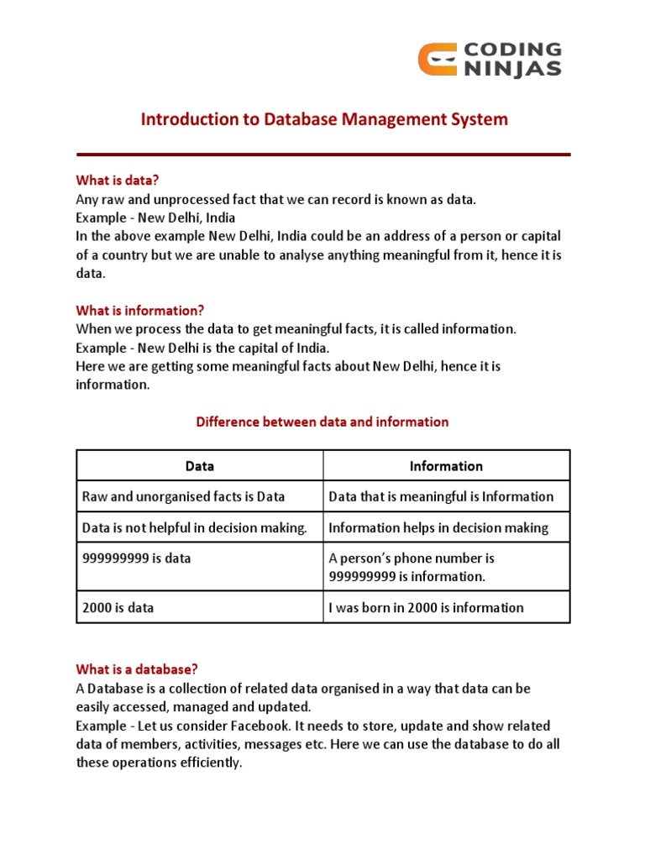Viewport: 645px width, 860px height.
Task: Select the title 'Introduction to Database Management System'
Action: [x=324, y=119]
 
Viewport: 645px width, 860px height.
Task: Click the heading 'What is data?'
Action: [x=117, y=180]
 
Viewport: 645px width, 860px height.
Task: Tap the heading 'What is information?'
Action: [x=140, y=311]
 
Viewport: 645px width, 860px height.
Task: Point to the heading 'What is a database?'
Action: [x=137, y=669]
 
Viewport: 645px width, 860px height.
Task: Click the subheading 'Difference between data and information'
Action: [x=322, y=422]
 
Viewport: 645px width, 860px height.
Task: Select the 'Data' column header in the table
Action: [x=200, y=465]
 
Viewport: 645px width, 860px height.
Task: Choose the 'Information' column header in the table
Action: [x=446, y=465]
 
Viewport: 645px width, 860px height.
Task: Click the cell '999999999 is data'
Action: [x=135, y=558]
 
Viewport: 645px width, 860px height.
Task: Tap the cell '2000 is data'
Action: [x=118, y=607]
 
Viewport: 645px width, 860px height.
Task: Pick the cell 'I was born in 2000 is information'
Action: [x=426, y=607]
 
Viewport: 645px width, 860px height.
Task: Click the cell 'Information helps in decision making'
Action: [x=438, y=527]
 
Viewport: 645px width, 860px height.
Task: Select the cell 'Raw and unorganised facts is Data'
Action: [x=183, y=496]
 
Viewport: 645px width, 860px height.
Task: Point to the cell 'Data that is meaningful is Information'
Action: [x=441, y=496]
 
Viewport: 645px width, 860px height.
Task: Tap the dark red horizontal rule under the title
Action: [x=323, y=155]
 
